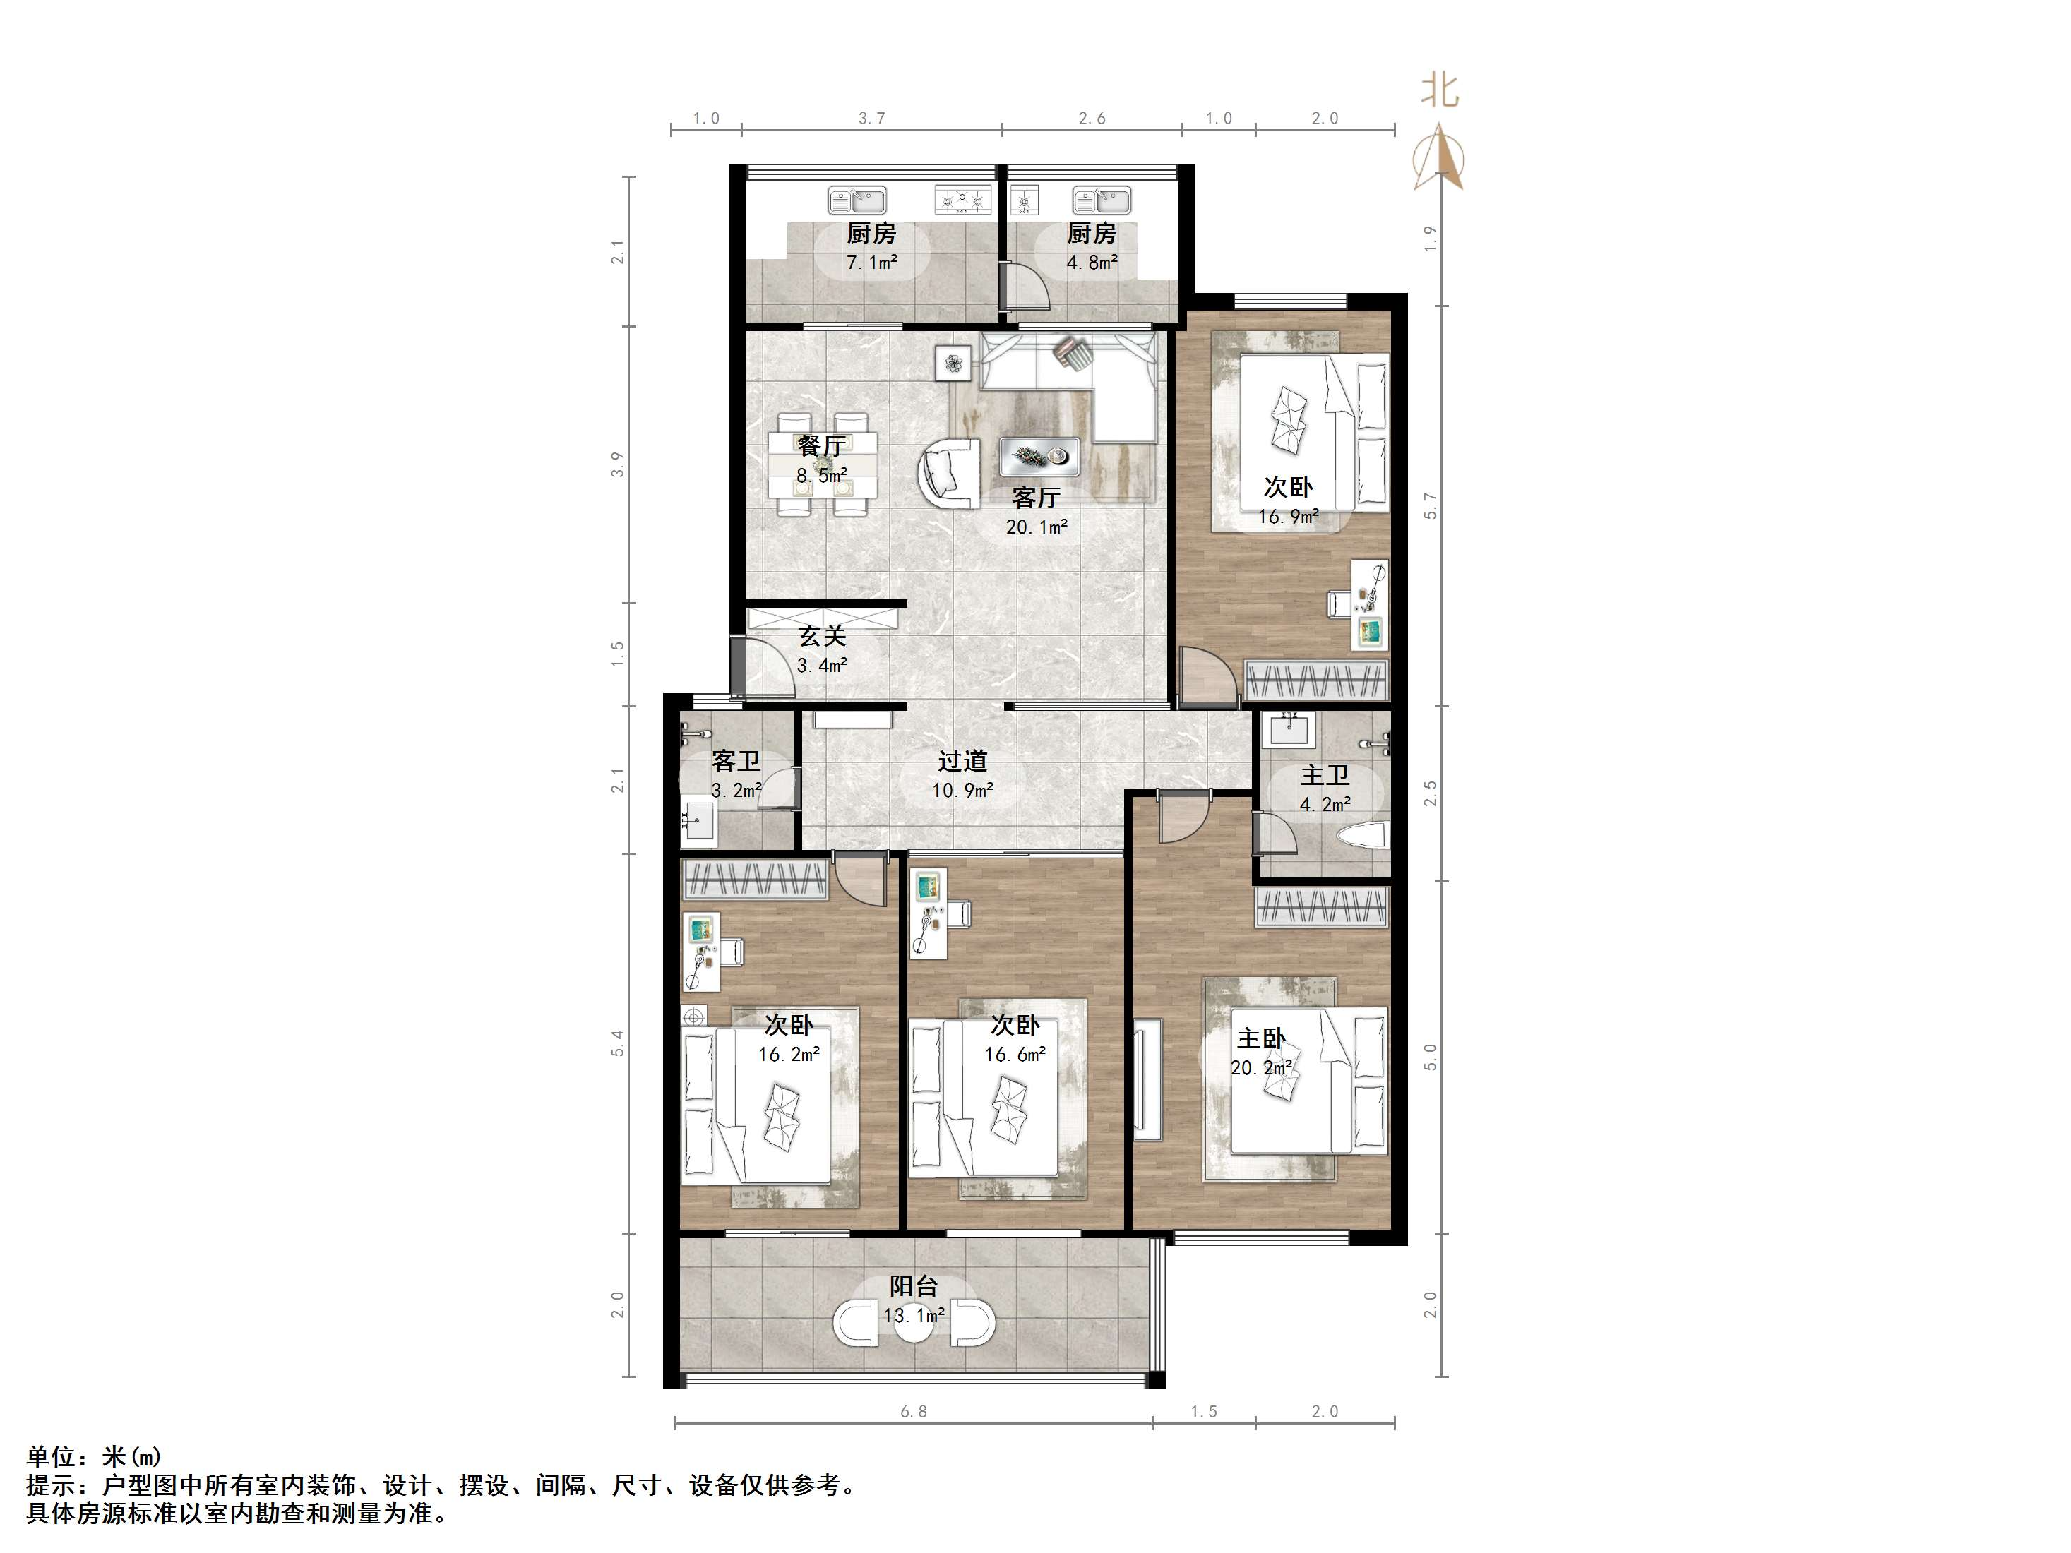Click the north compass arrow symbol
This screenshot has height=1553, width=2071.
point(1439,159)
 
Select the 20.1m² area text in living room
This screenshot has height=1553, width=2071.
point(1037,527)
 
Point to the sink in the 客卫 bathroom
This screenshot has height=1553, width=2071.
point(698,821)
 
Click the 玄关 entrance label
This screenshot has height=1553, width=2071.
point(822,637)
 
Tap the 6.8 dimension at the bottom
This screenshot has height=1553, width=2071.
point(913,1412)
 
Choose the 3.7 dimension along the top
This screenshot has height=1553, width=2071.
point(871,118)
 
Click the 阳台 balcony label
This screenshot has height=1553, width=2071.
point(913,1286)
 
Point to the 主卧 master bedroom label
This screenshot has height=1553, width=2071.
point(1261,1038)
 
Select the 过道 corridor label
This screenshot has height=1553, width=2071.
point(962,761)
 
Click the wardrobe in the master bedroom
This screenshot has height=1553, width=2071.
point(1321,907)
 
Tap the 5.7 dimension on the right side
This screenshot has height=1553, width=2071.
point(1430,505)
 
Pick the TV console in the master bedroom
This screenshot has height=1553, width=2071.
point(1148,1079)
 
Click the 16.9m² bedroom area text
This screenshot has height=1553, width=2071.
point(1289,516)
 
